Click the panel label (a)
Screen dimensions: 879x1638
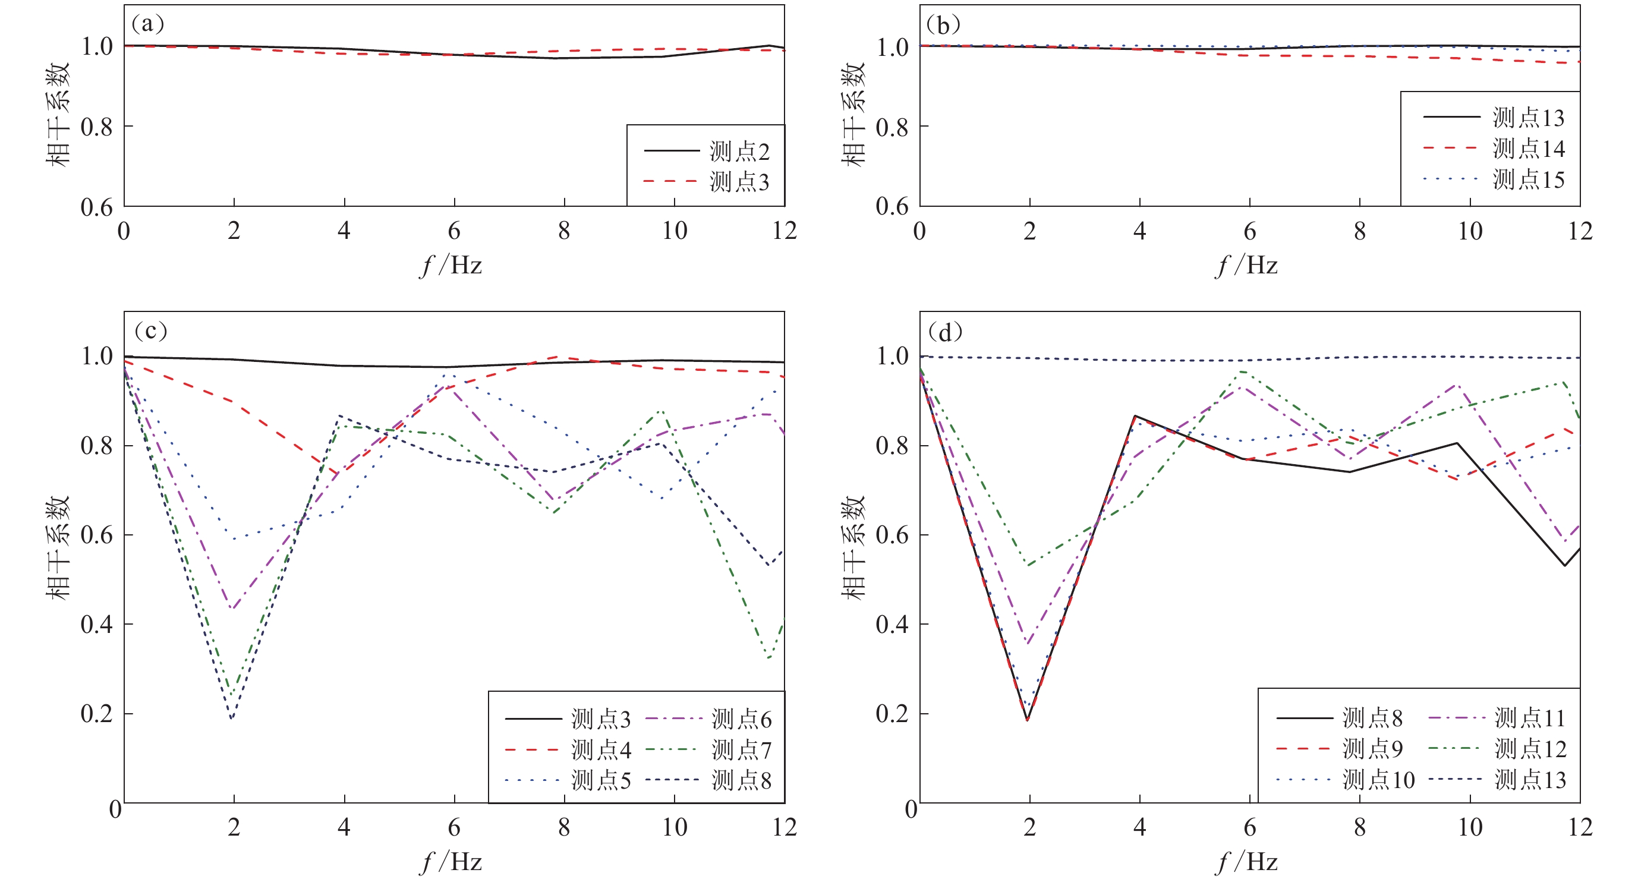(x=147, y=24)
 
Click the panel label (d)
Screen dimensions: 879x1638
(x=945, y=332)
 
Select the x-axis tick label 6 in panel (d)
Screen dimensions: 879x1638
(x=1249, y=827)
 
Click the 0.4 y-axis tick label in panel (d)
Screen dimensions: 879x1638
(x=892, y=625)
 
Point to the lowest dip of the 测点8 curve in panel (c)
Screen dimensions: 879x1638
(x=232, y=719)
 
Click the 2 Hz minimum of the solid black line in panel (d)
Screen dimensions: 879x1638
(x=1027, y=720)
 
